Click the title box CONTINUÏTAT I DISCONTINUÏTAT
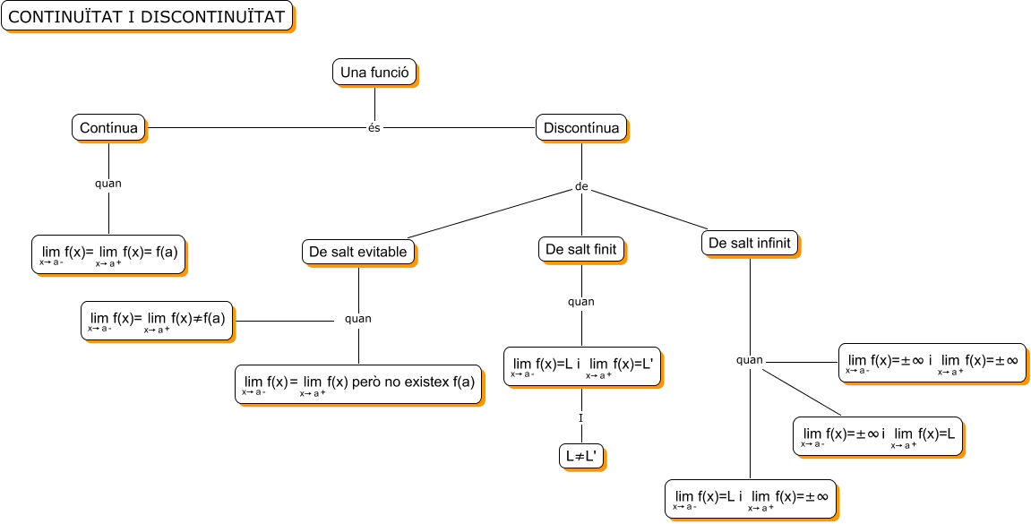coord(147,16)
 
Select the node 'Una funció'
coord(374,73)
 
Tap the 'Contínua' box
coord(108,128)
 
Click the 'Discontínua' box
coord(580,128)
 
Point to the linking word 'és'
coord(374,128)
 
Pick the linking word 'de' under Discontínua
coord(580,188)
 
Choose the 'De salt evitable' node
coord(357,253)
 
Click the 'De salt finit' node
coord(580,250)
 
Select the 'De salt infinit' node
coord(749,244)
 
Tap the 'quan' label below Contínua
coord(108,184)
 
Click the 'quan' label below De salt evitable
coord(358,318)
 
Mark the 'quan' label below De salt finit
coord(580,302)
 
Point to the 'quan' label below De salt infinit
coord(750,360)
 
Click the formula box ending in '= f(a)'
coord(108,254)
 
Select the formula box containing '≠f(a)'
coord(157,320)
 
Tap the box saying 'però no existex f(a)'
coord(358,384)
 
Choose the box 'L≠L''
coord(580,456)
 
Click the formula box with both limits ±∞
coord(932,363)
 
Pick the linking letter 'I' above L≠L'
coord(580,418)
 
